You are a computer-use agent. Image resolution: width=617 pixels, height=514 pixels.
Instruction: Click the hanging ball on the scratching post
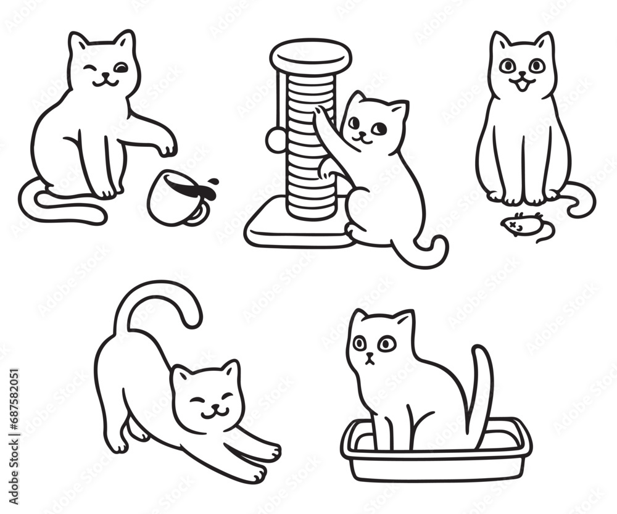[275, 141]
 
